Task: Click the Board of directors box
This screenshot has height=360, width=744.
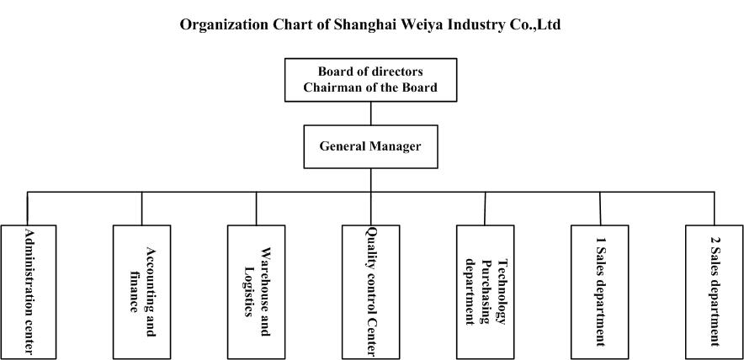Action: coord(370,80)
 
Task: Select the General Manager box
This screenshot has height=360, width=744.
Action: coord(370,146)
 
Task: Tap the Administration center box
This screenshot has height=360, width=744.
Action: coord(29,292)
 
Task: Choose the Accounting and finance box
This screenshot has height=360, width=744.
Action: coord(142,292)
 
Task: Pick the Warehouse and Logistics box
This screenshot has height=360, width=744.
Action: coord(256,292)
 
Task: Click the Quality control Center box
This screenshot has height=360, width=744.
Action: coord(370,292)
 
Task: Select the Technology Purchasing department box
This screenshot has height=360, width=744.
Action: coord(485,292)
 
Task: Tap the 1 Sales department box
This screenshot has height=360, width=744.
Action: coord(600,292)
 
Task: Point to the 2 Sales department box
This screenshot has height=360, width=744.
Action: coord(714,292)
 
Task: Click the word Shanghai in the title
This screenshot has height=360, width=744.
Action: coord(359,24)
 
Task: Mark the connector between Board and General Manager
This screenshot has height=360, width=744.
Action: coord(370,114)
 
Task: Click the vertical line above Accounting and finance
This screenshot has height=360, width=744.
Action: coord(142,209)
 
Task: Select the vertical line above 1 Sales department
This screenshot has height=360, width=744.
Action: coord(600,209)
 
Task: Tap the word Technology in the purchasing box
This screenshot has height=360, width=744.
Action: coord(501,292)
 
